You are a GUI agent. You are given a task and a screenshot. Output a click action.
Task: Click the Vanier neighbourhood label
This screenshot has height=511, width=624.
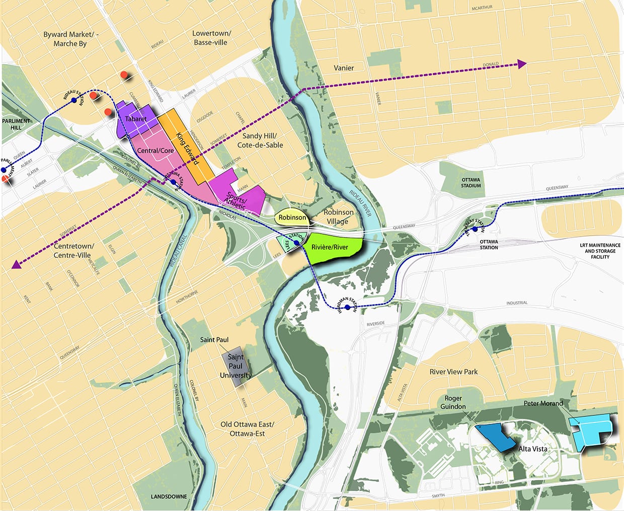click(344, 68)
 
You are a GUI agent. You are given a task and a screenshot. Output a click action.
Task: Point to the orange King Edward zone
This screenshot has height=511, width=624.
click(187, 146)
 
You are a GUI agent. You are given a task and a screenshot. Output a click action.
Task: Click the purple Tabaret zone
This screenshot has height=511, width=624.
click(135, 119)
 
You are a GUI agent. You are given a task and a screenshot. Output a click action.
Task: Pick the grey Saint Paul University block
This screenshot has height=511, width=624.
click(236, 366)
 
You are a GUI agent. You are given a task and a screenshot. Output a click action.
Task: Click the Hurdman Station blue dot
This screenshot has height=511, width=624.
click(347, 307)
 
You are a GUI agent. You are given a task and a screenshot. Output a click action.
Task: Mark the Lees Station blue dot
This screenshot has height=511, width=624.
click(297, 243)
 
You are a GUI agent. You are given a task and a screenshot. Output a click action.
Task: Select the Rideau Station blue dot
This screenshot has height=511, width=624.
click(74, 101)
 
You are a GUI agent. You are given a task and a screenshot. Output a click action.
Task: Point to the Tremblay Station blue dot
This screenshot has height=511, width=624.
click(475, 229)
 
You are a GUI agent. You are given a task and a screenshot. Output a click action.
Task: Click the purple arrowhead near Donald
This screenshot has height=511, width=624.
click(521, 64)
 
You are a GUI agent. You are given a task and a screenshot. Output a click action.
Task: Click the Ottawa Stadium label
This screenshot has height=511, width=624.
click(471, 182)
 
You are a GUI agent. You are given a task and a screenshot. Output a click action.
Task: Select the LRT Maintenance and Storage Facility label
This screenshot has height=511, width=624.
click(600, 251)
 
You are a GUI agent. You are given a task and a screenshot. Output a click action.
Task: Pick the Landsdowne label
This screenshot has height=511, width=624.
click(169, 496)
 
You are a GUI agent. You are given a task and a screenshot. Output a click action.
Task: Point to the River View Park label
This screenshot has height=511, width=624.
click(453, 372)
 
